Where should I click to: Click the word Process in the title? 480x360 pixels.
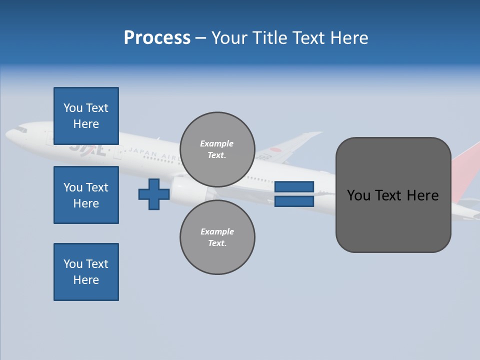tap(157, 38)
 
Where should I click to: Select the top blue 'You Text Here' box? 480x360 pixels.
tap(86, 116)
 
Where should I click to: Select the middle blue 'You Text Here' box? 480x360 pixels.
tap(86, 195)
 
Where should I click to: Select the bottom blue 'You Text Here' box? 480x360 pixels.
tap(86, 272)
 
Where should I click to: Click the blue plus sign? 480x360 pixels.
tap(154, 194)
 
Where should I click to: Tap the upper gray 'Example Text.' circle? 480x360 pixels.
tap(217, 149)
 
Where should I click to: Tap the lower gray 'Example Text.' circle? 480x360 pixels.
tap(217, 237)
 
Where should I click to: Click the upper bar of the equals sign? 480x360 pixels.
tap(294, 186)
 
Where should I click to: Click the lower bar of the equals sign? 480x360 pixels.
tap(294, 201)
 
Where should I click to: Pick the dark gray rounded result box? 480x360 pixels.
tap(393, 195)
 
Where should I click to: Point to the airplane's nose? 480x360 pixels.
tap(10, 134)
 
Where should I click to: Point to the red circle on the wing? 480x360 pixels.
tap(275, 150)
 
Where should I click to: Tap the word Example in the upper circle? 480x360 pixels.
tap(216, 143)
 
